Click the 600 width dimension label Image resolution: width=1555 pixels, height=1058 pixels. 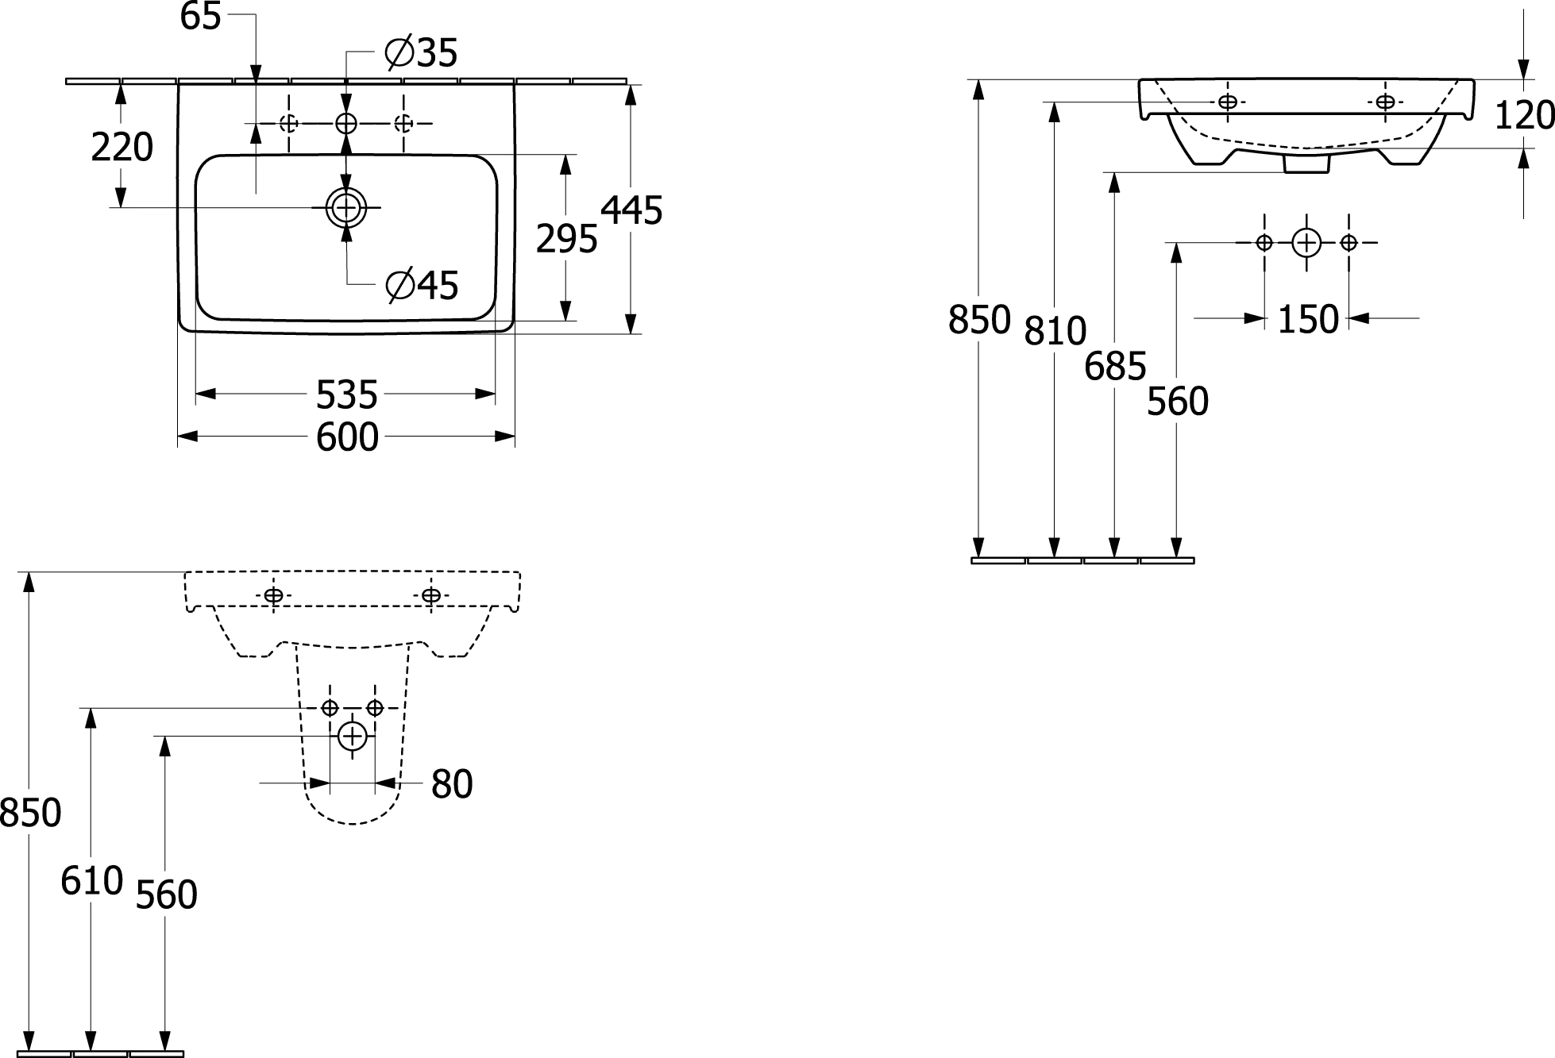tap(347, 437)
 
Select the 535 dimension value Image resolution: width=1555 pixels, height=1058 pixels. tap(347, 394)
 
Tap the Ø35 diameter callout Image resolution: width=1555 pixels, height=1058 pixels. tap(421, 53)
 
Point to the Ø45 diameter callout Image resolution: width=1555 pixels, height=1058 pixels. tap(421, 285)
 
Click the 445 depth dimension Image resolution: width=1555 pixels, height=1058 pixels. tap(631, 210)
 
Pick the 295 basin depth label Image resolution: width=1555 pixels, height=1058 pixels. tap(566, 239)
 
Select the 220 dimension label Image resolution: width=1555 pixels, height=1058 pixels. tap(122, 148)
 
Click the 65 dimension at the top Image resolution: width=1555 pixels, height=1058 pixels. tap(200, 16)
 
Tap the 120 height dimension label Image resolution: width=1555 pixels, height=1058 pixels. tap(1524, 116)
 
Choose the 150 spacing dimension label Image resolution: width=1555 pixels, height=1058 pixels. tap(1308, 319)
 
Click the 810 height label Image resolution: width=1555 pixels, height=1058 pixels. tap(1055, 331)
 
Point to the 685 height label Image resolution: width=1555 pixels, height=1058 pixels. tap(1115, 367)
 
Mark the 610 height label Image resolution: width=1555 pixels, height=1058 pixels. tap(91, 881)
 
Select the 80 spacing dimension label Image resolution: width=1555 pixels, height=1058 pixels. tap(452, 784)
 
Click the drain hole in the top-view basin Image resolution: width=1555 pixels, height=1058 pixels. tap(346, 208)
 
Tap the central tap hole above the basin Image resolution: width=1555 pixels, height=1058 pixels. tap(346, 123)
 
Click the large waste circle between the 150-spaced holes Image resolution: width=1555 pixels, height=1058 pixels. tap(1306, 242)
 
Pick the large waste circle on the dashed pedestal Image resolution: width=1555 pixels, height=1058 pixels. tap(352, 736)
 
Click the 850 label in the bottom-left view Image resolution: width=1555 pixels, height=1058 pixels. tap(30, 814)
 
